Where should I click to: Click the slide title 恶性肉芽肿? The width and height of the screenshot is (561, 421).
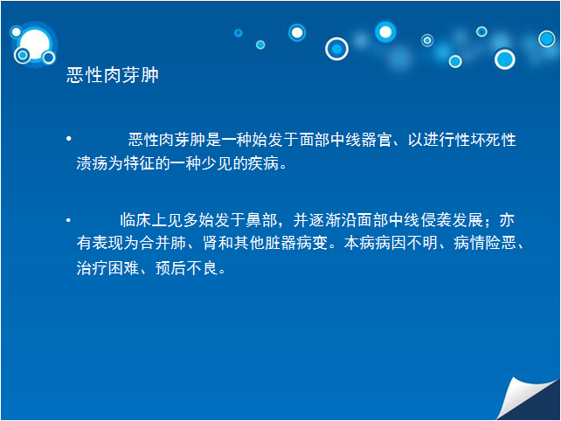113,75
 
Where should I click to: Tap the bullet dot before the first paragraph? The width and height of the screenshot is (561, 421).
69,138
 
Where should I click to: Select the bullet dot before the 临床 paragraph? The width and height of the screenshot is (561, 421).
68,220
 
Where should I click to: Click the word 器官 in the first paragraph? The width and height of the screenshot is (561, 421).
377,140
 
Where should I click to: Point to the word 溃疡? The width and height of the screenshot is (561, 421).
92,163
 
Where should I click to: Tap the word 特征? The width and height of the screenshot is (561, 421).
139,163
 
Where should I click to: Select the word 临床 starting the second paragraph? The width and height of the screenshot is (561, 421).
135,220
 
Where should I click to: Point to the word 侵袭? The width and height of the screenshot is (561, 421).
436,220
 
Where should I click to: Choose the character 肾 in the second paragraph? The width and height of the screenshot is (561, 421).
210,243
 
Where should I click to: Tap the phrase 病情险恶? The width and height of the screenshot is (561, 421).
485,243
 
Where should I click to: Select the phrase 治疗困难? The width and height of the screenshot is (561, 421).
107,268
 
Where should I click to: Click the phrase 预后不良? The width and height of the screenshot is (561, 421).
186,268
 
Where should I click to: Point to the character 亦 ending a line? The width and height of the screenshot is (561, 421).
507,220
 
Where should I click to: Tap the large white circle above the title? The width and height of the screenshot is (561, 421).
34,44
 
